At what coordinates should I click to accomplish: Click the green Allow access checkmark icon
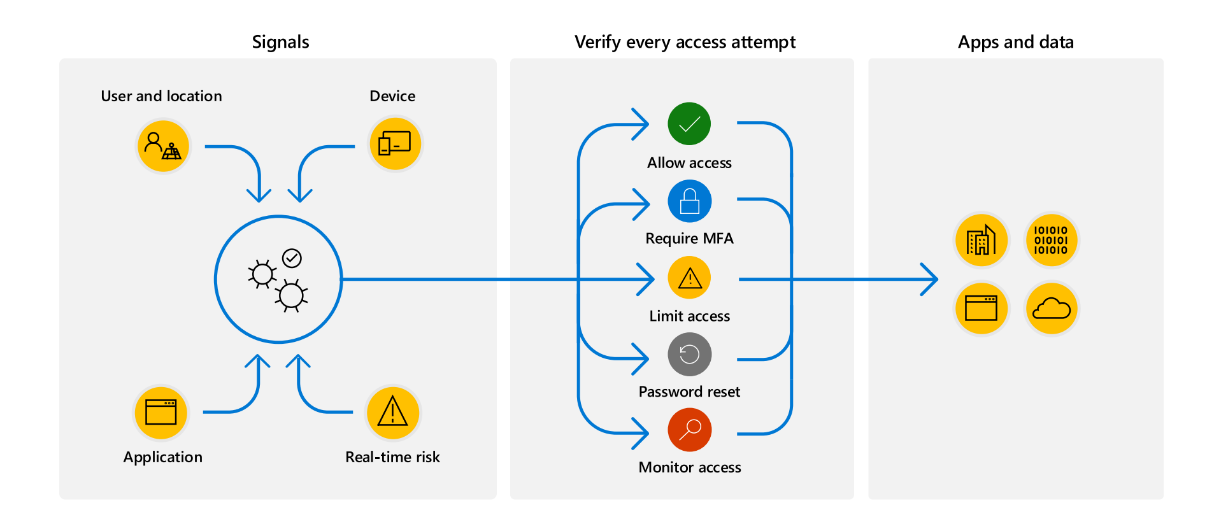(x=689, y=124)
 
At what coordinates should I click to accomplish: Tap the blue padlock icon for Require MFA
(x=689, y=201)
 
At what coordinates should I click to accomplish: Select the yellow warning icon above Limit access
(x=689, y=278)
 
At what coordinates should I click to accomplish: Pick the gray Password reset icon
(x=689, y=354)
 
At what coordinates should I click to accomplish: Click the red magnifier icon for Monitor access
(x=689, y=430)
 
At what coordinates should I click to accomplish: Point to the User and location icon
(x=163, y=146)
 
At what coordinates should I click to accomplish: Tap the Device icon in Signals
(x=395, y=144)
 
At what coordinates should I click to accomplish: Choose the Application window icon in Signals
(x=161, y=413)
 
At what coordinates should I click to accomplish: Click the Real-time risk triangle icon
(x=393, y=413)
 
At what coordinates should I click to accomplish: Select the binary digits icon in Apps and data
(x=1051, y=240)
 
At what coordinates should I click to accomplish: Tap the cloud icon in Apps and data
(x=1051, y=309)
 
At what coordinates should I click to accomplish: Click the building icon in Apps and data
(x=981, y=240)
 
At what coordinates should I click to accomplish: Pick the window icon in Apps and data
(x=981, y=309)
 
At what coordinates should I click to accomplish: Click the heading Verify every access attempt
(x=685, y=42)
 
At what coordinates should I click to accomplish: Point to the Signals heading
(x=280, y=42)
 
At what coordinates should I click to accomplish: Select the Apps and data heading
(x=1015, y=42)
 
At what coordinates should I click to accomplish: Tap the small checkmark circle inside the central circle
(x=292, y=258)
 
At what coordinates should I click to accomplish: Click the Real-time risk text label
(x=392, y=457)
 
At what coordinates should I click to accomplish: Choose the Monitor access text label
(x=689, y=467)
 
